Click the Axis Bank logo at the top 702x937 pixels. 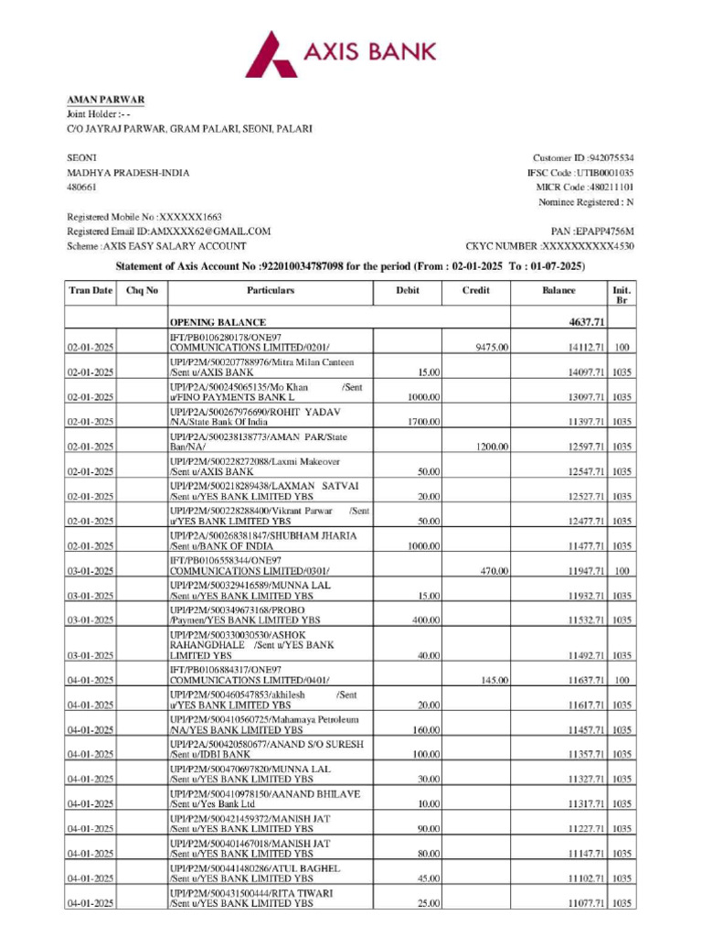[x=340, y=52]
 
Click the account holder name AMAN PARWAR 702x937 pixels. [x=105, y=100]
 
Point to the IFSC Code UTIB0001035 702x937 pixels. [x=605, y=173]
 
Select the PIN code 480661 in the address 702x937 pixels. [x=81, y=188]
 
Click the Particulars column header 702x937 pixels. [x=270, y=290]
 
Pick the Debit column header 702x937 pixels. [x=407, y=290]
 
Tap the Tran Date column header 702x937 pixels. [x=90, y=290]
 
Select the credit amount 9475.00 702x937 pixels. [x=493, y=348]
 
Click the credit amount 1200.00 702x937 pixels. [x=493, y=447]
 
